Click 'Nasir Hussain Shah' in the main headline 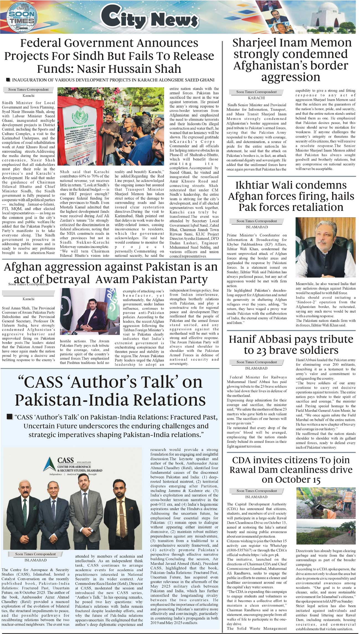(129, 69)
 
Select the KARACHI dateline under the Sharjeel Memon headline (256, 98)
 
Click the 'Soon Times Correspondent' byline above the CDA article (256, 491)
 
